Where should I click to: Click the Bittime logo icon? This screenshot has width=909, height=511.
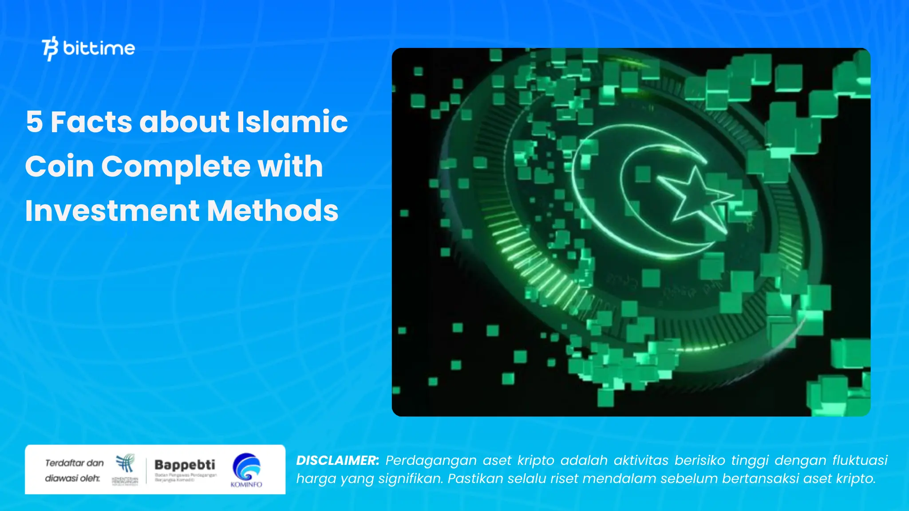click(50, 48)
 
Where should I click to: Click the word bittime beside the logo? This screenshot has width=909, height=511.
click(99, 48)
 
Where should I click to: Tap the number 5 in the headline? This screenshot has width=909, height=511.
click(35, 122)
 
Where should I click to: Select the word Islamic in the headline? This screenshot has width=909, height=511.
click(292, 122)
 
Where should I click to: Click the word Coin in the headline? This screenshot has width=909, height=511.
click(59, 166)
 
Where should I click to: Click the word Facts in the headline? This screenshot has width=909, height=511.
click(91, 122)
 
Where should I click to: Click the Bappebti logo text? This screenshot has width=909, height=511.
click(185, 464)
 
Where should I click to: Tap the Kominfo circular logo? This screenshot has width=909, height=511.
click(246, 467)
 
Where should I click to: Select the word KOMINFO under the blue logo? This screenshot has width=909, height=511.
click(246, 484)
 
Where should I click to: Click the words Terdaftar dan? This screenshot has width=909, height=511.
click(74, 463)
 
